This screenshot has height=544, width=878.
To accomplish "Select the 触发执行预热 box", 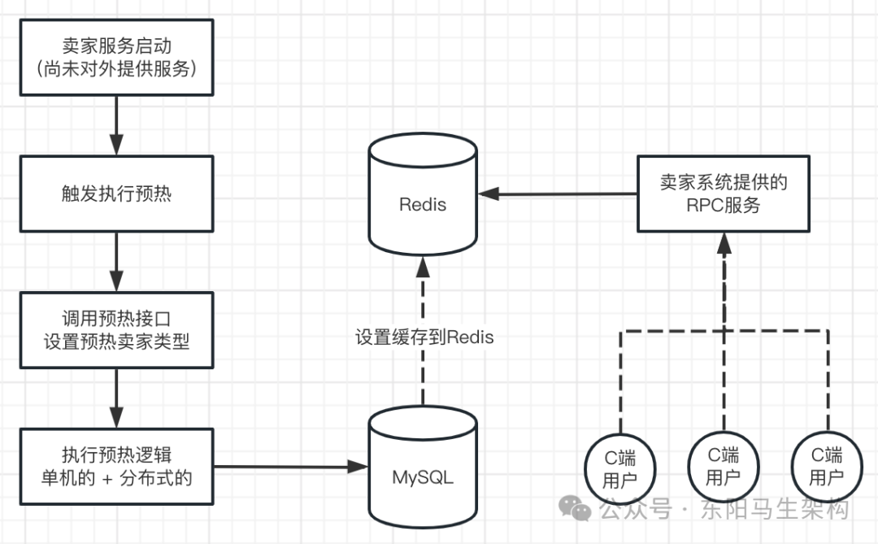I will click(x=116, y=194).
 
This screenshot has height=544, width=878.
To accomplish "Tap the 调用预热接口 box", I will click(x=116, y=330).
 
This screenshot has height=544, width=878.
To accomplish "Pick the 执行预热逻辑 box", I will click(x=116, y=466).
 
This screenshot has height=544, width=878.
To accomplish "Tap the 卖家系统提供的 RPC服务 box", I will click(x=723, y=194).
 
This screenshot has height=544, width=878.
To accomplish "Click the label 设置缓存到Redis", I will click(x=424, y=337).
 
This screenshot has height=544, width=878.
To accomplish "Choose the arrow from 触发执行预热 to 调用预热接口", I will click(x=116, y=261).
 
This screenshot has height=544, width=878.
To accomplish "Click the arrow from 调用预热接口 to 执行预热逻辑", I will click(x=116, y=398).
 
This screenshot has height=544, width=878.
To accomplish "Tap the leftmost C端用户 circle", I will click(x=619, y=468).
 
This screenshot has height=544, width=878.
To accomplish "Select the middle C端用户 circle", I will click(x=723, y=466).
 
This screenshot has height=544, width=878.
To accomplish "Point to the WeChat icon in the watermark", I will click(x=580, y=510).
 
